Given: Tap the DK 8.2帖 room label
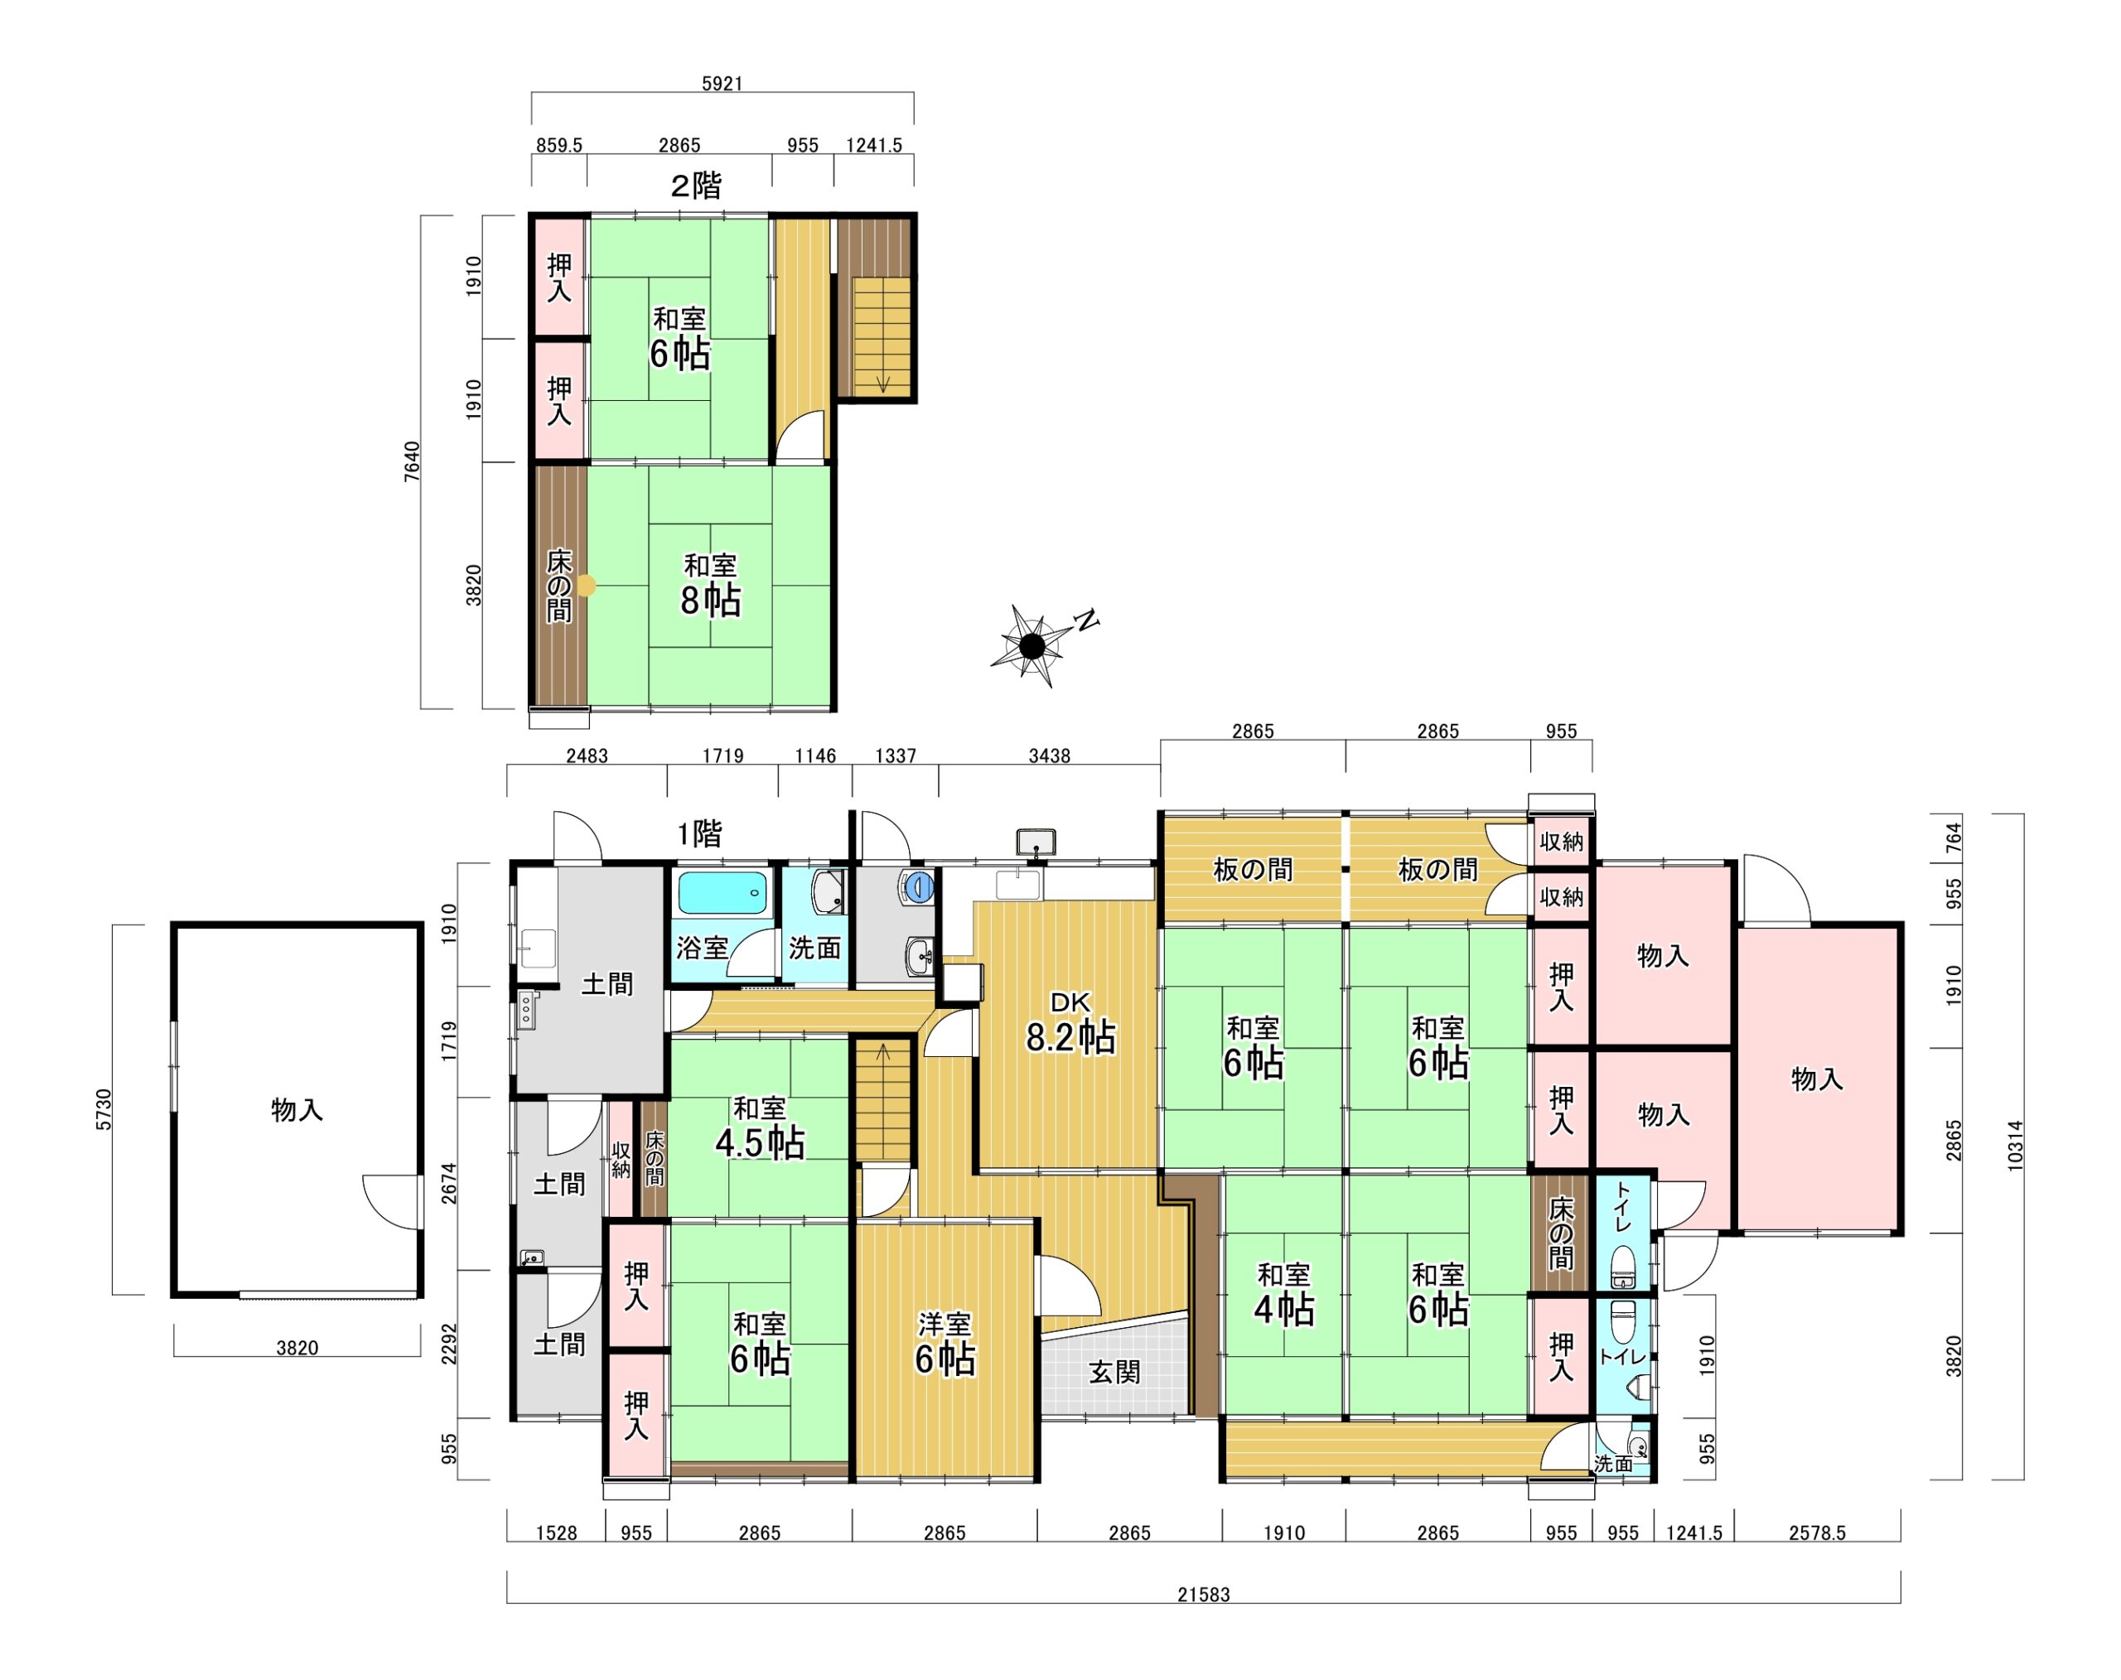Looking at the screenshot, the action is (x=1070, y=1022).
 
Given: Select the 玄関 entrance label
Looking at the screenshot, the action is (x=1114, y=1372).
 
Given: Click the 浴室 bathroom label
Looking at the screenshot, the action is (x=703, y=949).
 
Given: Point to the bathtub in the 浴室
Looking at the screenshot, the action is (x=722, y=893).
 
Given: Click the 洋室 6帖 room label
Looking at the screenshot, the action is (x=945, y=1343).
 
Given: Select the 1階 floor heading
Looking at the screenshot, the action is (x=699, y=834).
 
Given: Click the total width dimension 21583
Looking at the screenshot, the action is (x=1203, y=1595).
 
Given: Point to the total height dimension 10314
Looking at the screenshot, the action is (x=2015, y=1145).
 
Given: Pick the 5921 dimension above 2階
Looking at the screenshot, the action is (x=722, y=84).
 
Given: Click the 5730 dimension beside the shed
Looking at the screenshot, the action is (x=104, y=1109).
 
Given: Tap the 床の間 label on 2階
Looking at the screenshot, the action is (x=558, y=587).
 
